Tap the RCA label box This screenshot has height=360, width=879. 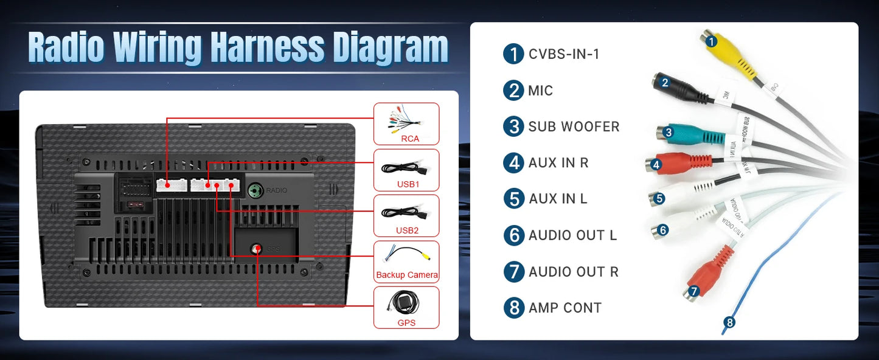pos(406,124)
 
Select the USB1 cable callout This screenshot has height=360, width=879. pos(406,170)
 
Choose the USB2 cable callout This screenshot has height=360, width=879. pos(406,216)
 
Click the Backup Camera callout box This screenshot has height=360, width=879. pos(406,261)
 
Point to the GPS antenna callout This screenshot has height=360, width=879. pos(406,308)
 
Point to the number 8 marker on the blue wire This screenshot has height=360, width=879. pos(729,323)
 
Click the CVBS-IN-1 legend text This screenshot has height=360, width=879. pos(564,54)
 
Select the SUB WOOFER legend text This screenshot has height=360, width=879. pos(574,126)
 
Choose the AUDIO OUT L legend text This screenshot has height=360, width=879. pos(572,235)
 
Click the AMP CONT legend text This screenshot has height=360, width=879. pos(565,308)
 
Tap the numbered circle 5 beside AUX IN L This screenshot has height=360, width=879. pos(514,199)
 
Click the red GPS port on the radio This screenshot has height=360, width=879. pos(258,248)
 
